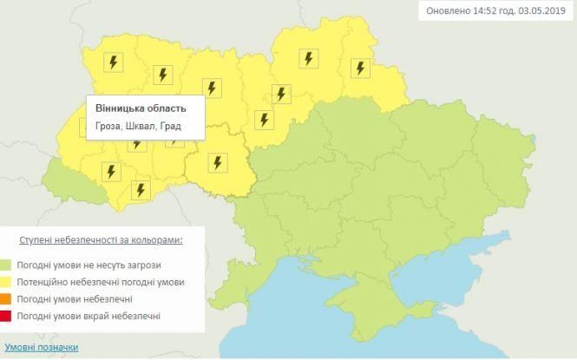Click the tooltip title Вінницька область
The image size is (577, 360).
click(x=141, y=109)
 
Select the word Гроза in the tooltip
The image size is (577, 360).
click(x=109, y=128)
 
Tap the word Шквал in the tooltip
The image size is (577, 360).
click(x=142, y=128)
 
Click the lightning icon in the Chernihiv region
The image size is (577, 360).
click(x=307, y=58)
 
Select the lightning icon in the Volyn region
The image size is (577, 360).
click(x=112, y=62)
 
